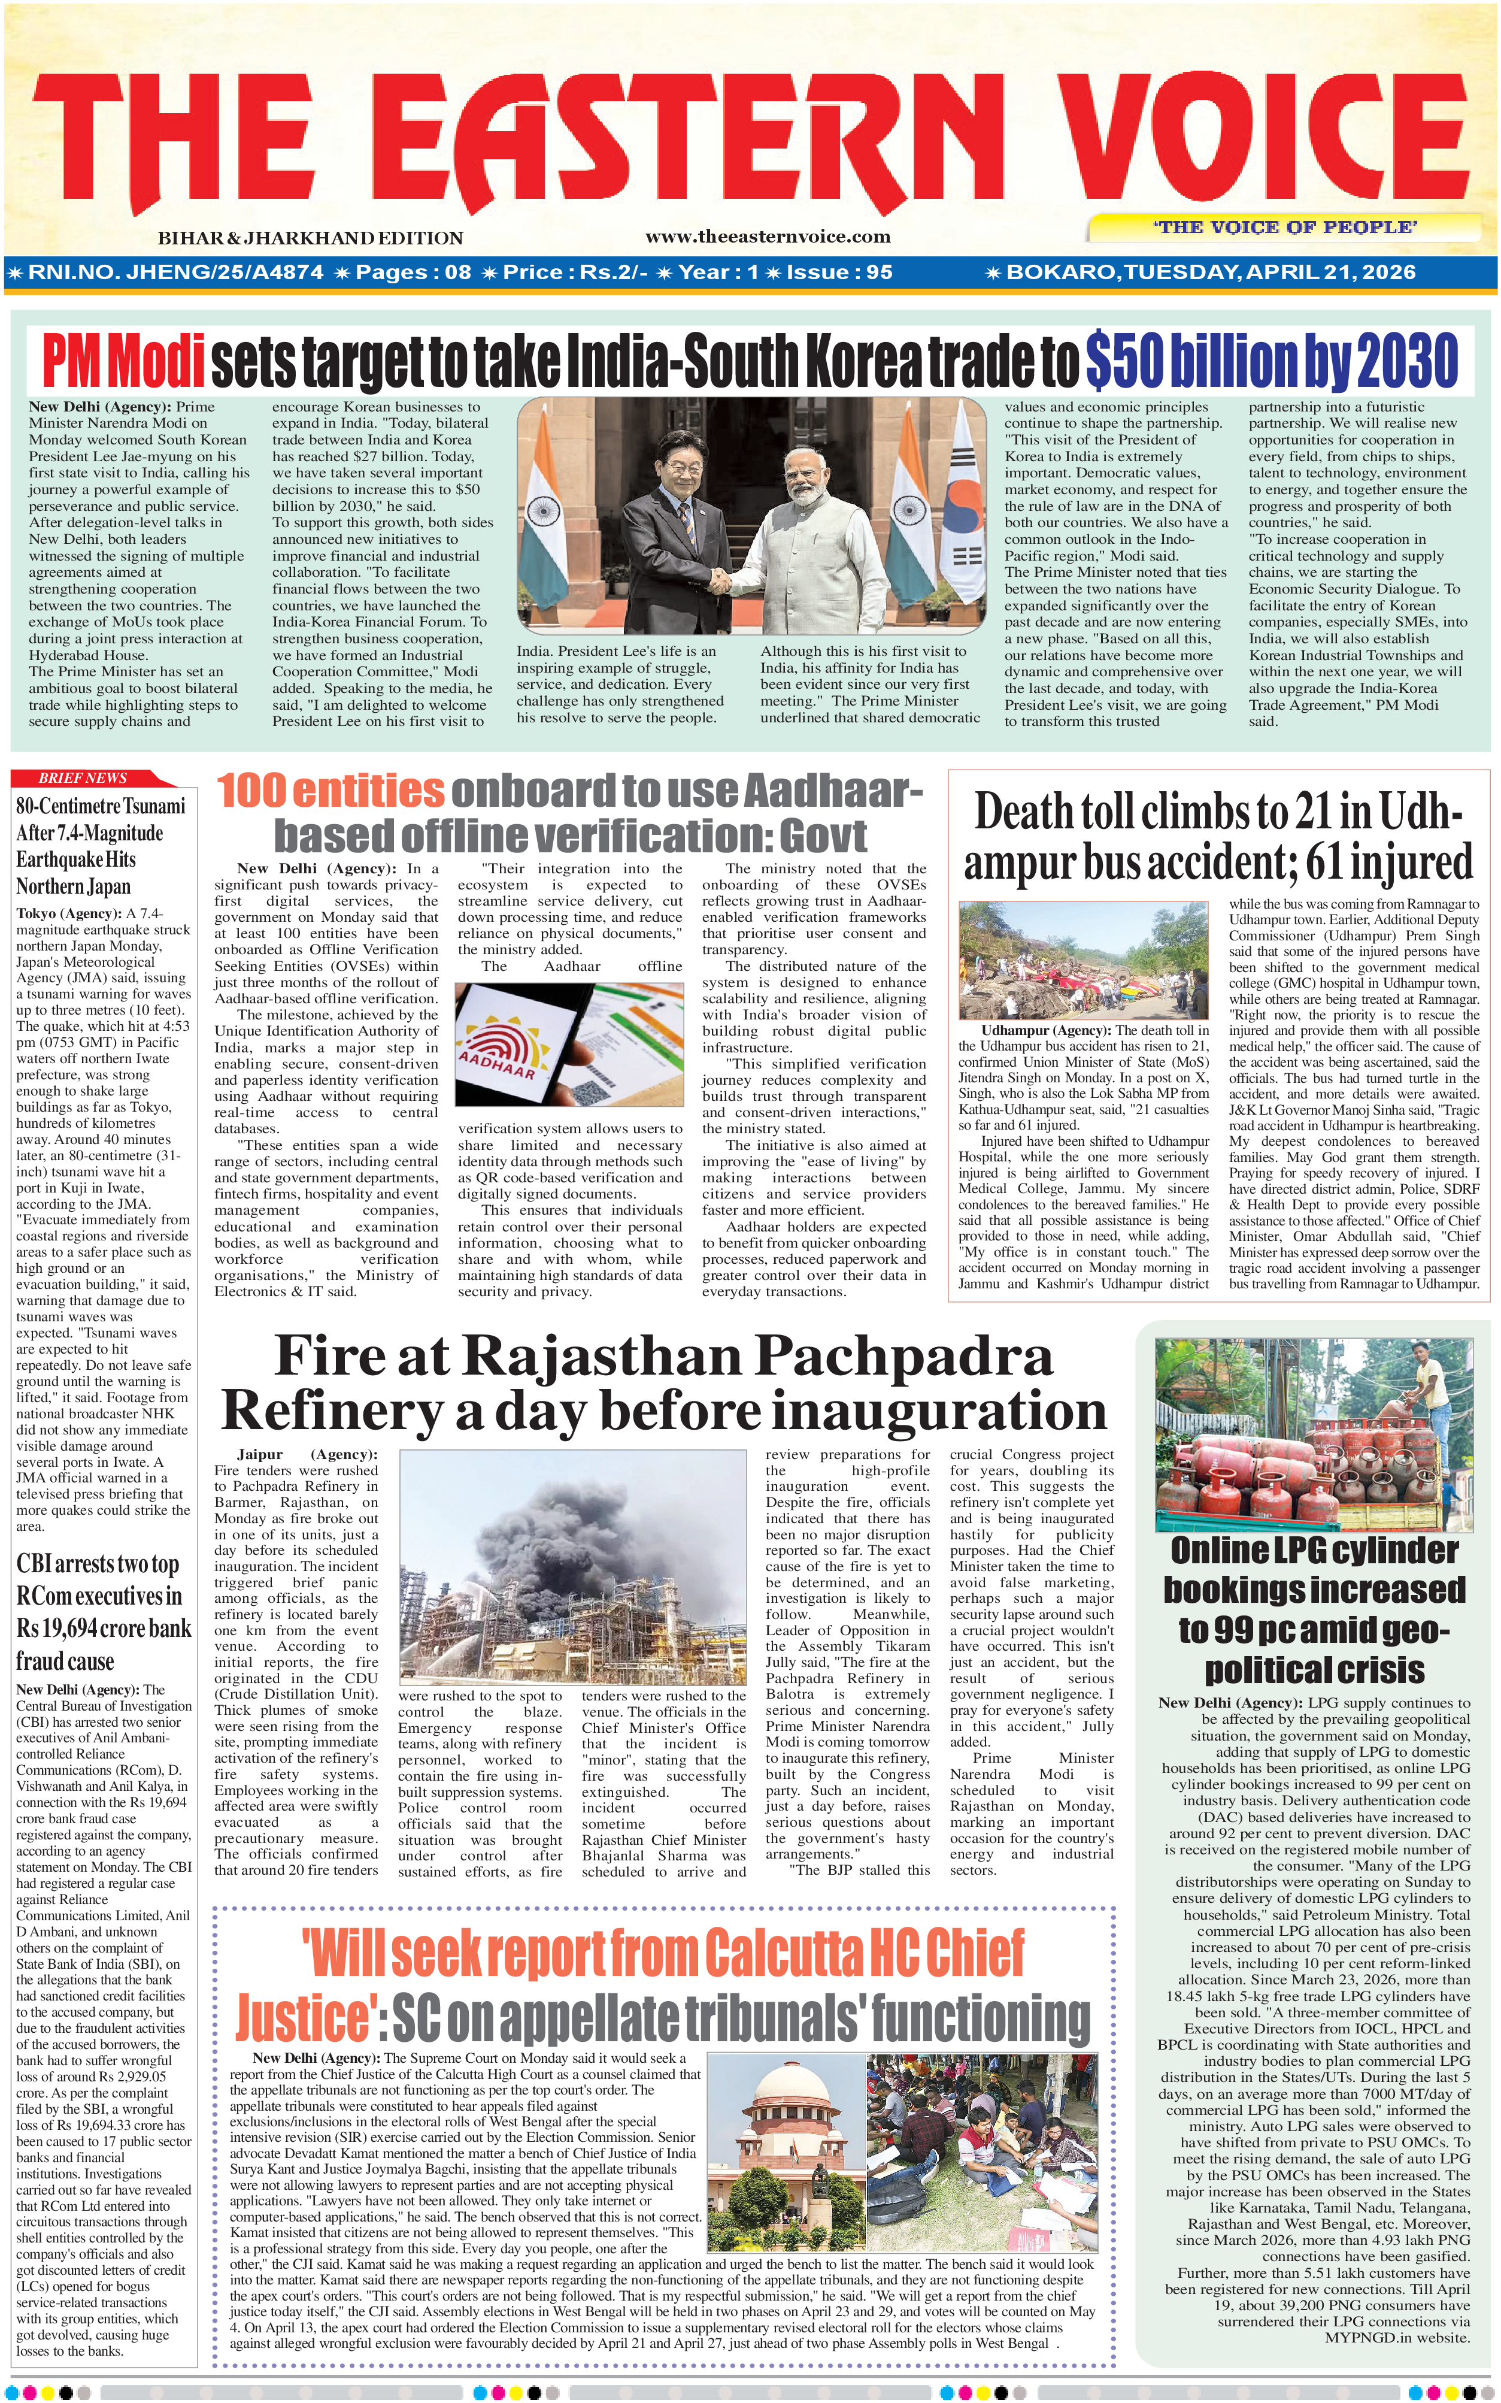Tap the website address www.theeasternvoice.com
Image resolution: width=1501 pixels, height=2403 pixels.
[768, 237]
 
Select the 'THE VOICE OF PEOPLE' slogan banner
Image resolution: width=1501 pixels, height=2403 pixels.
[1285, 228]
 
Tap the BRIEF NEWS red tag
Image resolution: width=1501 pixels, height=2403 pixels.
[83, 777]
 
